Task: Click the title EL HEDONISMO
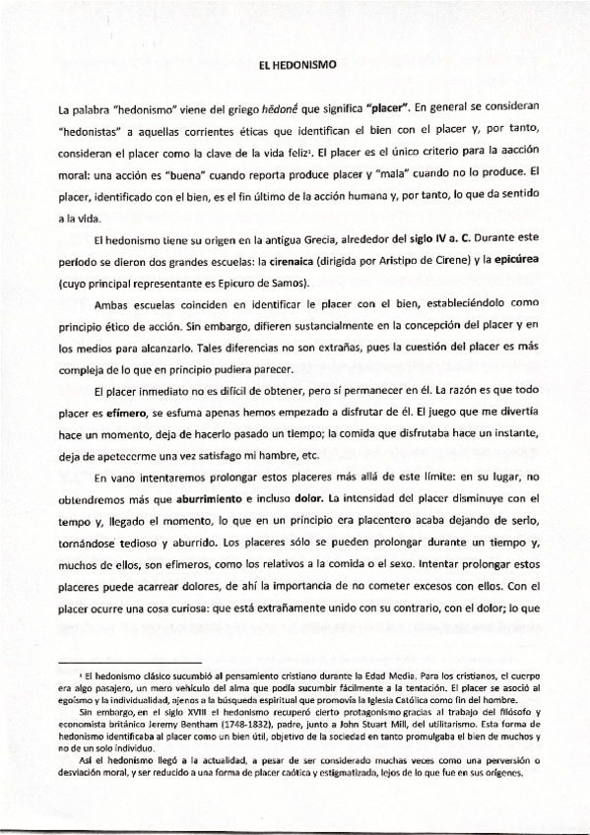(x=295, y=64)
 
